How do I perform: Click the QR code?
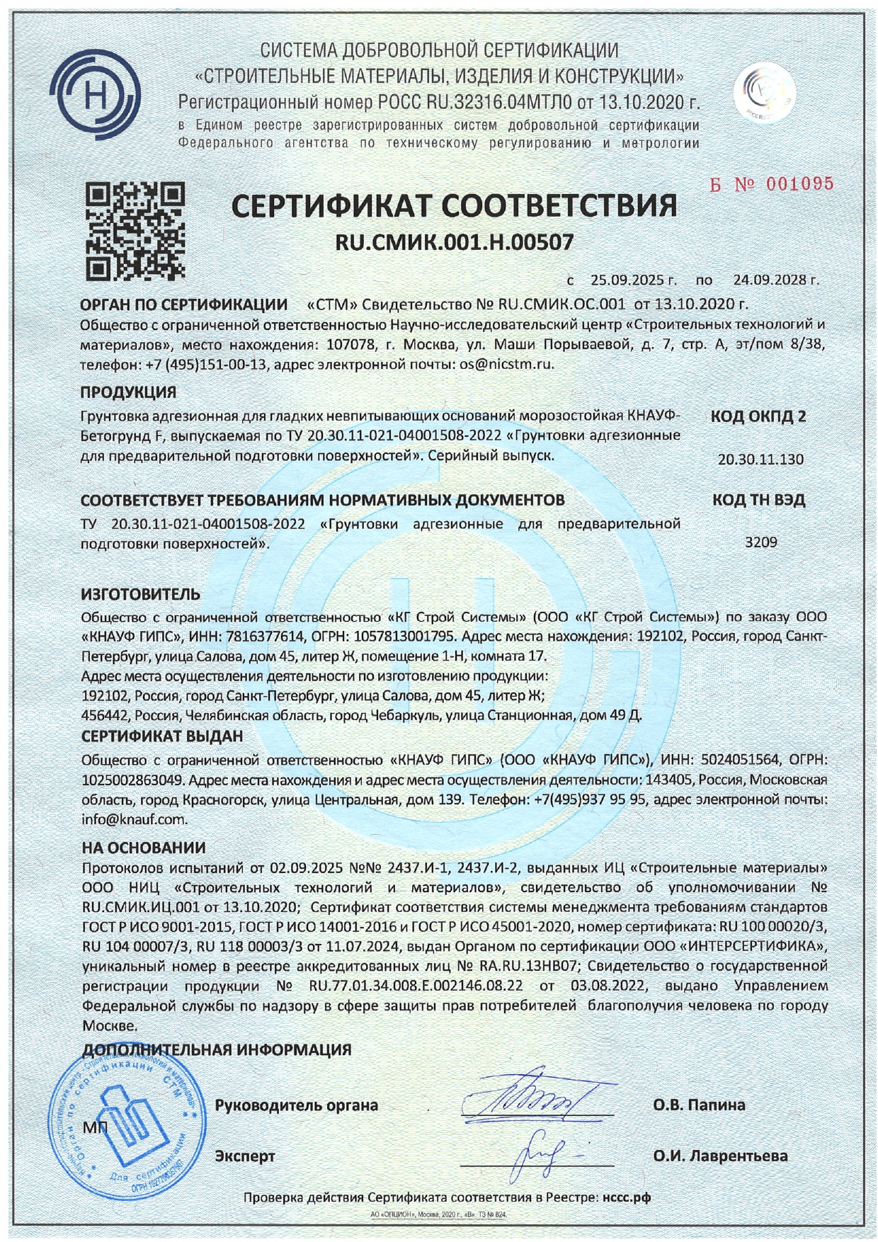(x=135, y=231)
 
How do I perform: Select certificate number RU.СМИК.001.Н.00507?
(x=454, y=243)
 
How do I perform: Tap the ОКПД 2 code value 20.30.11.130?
(x=760, y=459)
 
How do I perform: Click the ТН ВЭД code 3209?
(x=761, y=542)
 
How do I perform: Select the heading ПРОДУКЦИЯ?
(x=128, y=392)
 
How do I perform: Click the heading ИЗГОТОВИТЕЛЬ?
(x=141, y=593)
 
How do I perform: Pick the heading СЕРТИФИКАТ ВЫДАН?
(x=162, y=736)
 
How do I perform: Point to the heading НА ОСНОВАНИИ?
(x=144, y=847)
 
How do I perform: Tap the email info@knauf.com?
(x=135, y=819)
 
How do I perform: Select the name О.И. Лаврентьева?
(x=720, y=1156)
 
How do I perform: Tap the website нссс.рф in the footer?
(x=626, y=1197)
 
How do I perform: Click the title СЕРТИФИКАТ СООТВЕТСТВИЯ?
(x=454, y=206)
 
